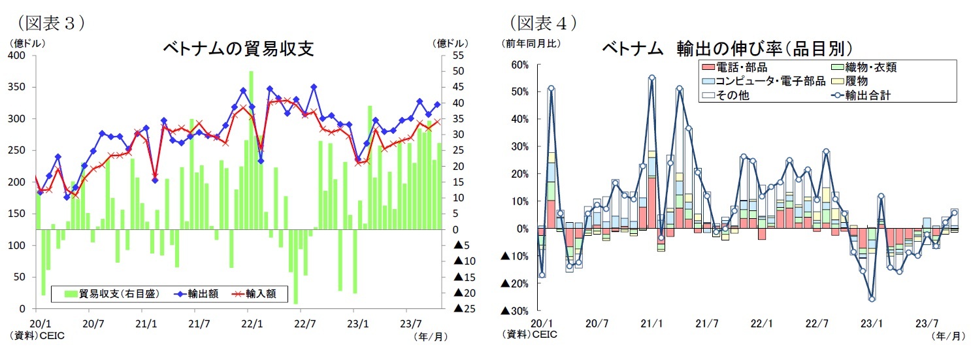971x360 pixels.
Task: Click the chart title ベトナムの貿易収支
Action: (238, 49)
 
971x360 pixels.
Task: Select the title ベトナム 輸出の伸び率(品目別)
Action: (722, 49)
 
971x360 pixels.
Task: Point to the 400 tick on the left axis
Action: (17, 56)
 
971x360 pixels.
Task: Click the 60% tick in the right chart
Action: (520, 65)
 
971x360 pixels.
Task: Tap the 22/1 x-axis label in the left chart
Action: (252, 323)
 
